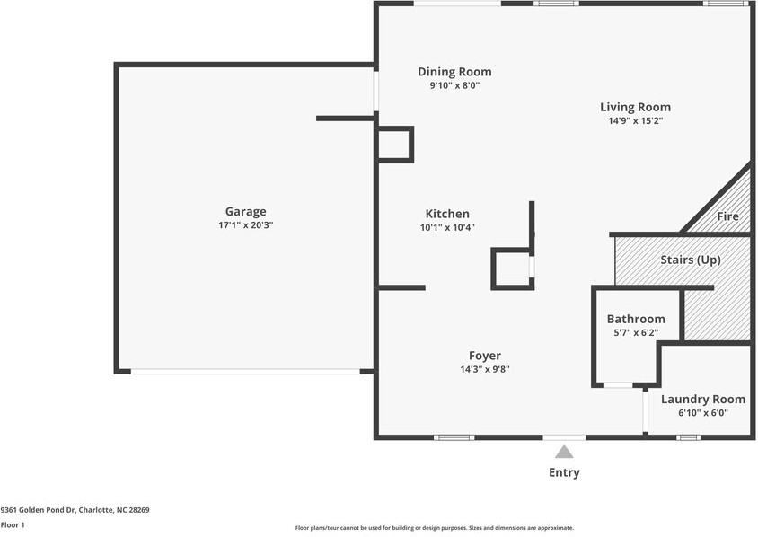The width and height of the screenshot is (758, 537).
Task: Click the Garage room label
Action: coord(245,212)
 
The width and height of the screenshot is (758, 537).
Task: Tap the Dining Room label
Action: coord(454,72)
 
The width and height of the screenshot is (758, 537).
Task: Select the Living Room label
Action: coord(635,107)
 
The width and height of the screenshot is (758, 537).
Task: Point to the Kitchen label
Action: coord(447,214)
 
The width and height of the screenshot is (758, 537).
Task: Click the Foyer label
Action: coord(485,357)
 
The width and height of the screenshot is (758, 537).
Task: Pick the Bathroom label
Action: coord(636,319)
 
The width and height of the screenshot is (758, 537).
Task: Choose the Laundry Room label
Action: coord(703,400)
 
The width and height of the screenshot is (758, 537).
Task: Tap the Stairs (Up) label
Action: coord(691,260)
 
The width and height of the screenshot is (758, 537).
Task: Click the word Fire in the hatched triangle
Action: coord(727,216)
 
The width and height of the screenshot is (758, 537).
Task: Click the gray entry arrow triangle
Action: coord(564,453)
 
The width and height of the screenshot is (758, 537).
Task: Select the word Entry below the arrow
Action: coord(564,472)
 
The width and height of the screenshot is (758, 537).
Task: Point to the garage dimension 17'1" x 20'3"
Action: coord(245,225)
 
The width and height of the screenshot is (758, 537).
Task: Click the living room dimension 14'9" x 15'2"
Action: coord(635,121)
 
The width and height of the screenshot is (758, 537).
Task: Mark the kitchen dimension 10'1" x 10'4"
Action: coord(447,227)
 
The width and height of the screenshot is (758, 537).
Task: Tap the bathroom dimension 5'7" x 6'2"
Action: coord(636,332)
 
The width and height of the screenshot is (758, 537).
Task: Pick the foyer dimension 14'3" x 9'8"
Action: coord(485,370)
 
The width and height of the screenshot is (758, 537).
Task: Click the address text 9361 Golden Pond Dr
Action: coord(39,510)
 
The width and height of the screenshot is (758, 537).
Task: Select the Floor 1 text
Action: coord(13,525)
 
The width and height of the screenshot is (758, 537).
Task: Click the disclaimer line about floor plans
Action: coord(435,528)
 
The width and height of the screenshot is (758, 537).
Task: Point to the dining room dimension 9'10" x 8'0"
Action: coord(454,85)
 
